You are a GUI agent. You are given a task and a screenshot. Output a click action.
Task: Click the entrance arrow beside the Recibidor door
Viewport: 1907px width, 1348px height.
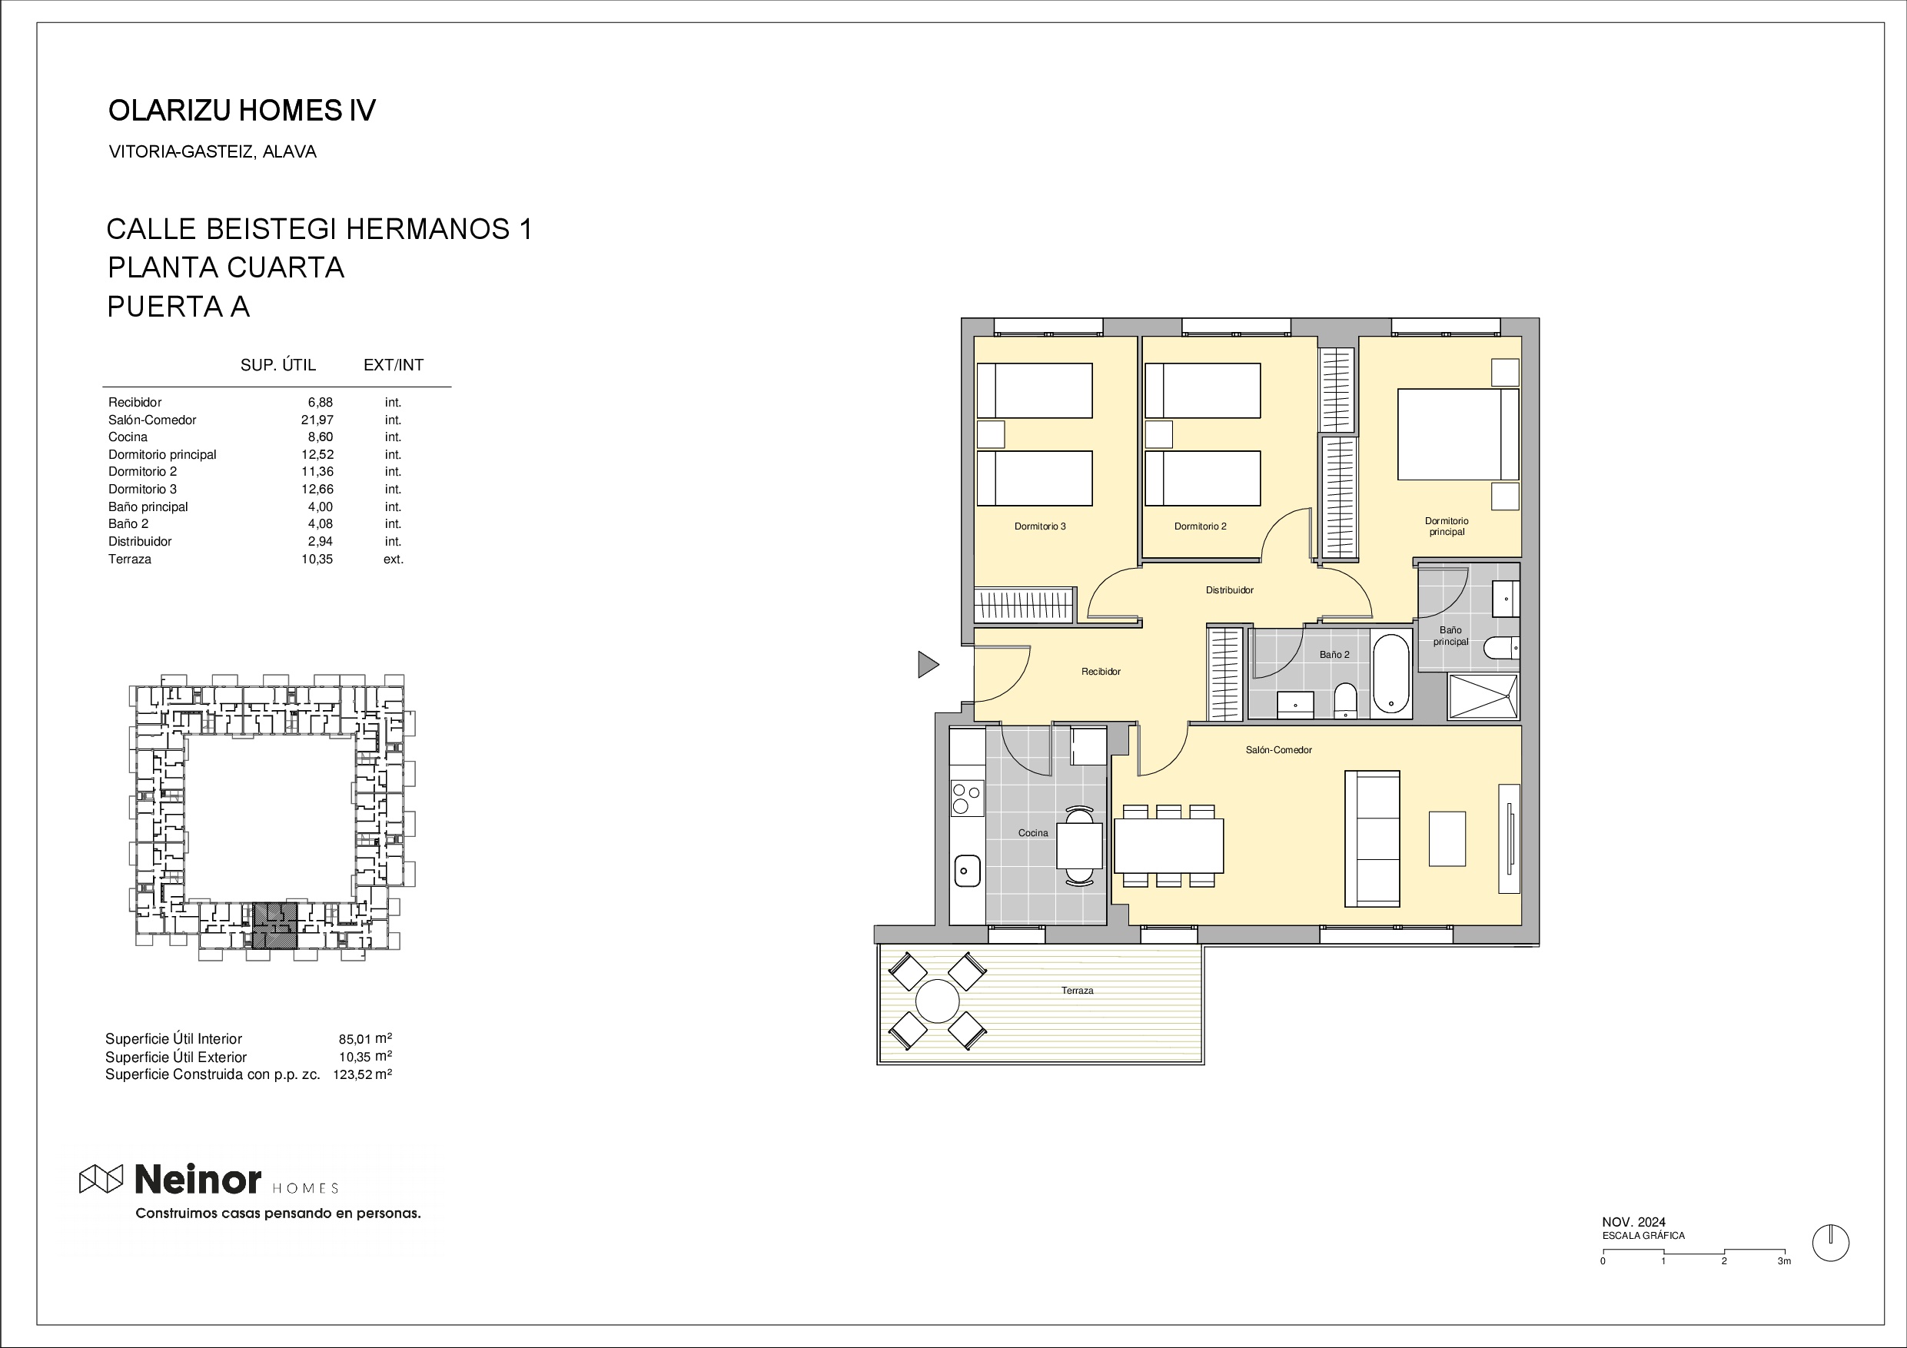click(x=927, y=665)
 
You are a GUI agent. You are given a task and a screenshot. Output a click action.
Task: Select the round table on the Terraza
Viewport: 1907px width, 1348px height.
click(x=937, y=1001)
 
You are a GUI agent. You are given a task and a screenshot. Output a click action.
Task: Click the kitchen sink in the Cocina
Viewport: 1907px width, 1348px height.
click(x=966, y=872)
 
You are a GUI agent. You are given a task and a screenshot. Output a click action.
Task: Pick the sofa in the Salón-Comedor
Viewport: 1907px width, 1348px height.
click(x=1372, y=838)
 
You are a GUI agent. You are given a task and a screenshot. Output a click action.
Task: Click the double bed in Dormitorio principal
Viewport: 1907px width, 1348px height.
click(x=1457, y=434)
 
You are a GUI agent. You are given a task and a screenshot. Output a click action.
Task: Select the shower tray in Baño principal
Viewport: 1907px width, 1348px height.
click(x=1483, y=696)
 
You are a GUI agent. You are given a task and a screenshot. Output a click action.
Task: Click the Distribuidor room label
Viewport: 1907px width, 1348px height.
click(x=1229, y=590)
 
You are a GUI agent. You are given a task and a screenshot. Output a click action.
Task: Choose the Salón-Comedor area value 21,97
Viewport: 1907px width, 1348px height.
click(x=317, y=420)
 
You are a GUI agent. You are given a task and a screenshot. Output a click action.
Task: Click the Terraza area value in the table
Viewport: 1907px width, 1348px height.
click(x=317, y=559)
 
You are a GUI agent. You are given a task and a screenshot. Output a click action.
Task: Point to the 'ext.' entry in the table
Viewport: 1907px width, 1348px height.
click(x=393, y=559)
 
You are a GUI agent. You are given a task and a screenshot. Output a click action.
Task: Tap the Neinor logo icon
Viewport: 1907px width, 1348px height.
click(x=101, y=1179)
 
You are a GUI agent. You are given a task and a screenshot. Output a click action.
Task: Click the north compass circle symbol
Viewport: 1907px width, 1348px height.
click(x=1831, y=1243)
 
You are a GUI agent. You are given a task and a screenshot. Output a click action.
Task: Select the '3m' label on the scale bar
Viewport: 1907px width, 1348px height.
click(x=1784, y=1261)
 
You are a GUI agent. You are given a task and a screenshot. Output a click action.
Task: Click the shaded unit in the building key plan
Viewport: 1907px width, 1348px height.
click(x=274, y=925)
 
